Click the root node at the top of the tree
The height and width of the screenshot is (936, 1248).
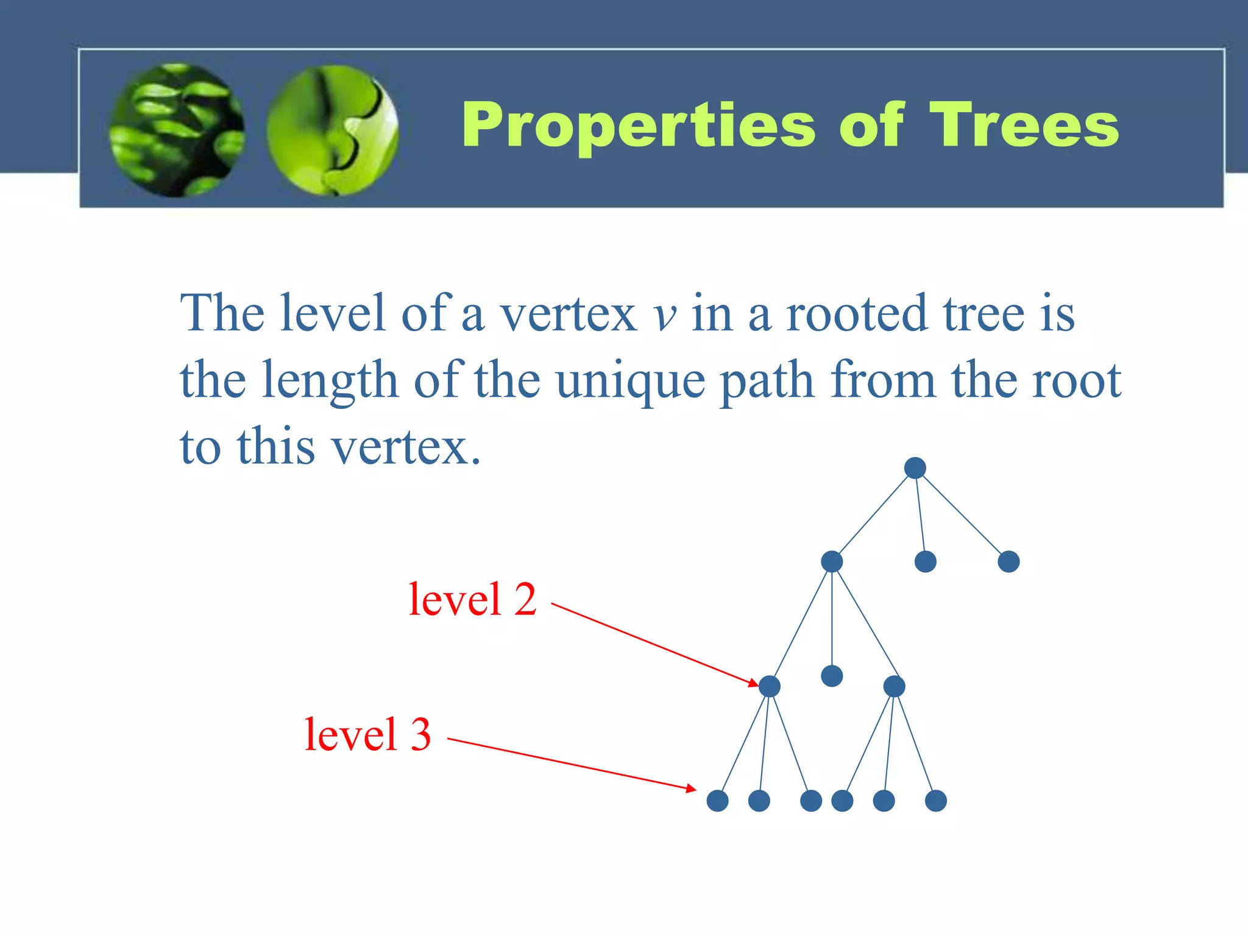click(915, 468)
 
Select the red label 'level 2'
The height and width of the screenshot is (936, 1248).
click(472, 600)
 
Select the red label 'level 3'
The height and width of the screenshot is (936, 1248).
click(367, 734)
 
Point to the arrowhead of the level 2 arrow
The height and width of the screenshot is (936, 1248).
click(754, 683)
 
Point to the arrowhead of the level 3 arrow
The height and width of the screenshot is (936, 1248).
click(692, 789)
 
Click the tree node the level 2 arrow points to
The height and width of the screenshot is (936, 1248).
click(770, 686)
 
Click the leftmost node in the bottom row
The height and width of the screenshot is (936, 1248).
click(717, 801)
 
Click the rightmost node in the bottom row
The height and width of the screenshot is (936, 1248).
click(935, 801)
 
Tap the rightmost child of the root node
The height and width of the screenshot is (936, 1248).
click(1009, 561)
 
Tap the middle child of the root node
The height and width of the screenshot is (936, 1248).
click(925, 561)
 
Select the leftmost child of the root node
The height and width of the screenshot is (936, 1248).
click(832, 561)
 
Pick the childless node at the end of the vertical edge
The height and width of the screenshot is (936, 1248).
click(832, 676)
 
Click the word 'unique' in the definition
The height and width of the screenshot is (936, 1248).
click(630, 381)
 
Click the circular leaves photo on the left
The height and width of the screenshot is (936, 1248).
click(177, 130)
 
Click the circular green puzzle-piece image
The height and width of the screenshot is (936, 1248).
click(333, 130)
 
